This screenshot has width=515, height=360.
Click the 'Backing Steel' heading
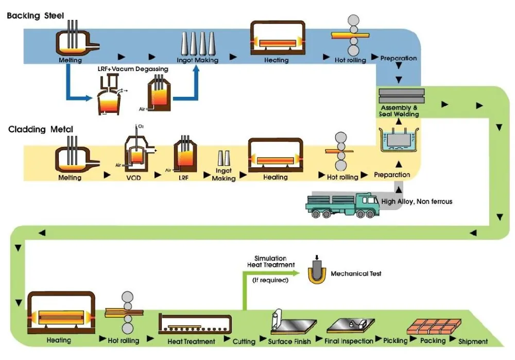pos(36,15)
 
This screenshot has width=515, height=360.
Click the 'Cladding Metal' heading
pos(41,129)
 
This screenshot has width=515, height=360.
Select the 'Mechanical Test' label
pos(356,273)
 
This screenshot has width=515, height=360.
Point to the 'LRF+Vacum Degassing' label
pos(133,69)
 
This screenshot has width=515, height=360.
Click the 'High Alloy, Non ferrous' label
pos(417,201)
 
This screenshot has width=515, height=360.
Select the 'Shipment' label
pos(473,341)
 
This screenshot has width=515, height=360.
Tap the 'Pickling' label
pos(395,340)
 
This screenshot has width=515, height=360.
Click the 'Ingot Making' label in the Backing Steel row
pos(197,60)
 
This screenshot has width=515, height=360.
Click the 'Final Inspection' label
pos(349,341)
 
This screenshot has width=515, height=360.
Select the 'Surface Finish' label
pos(289,341)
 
